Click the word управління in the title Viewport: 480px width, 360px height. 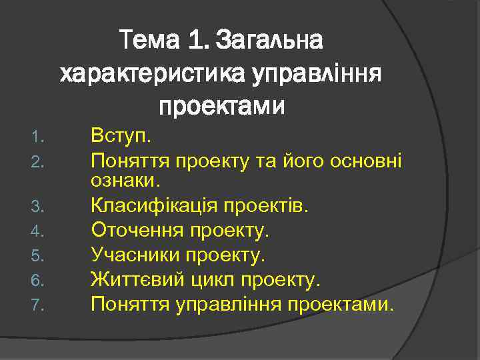point(317,73)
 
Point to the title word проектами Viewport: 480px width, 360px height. point(221,105)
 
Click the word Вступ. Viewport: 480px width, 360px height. point(122,137)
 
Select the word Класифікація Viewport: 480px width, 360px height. point(150,205)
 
